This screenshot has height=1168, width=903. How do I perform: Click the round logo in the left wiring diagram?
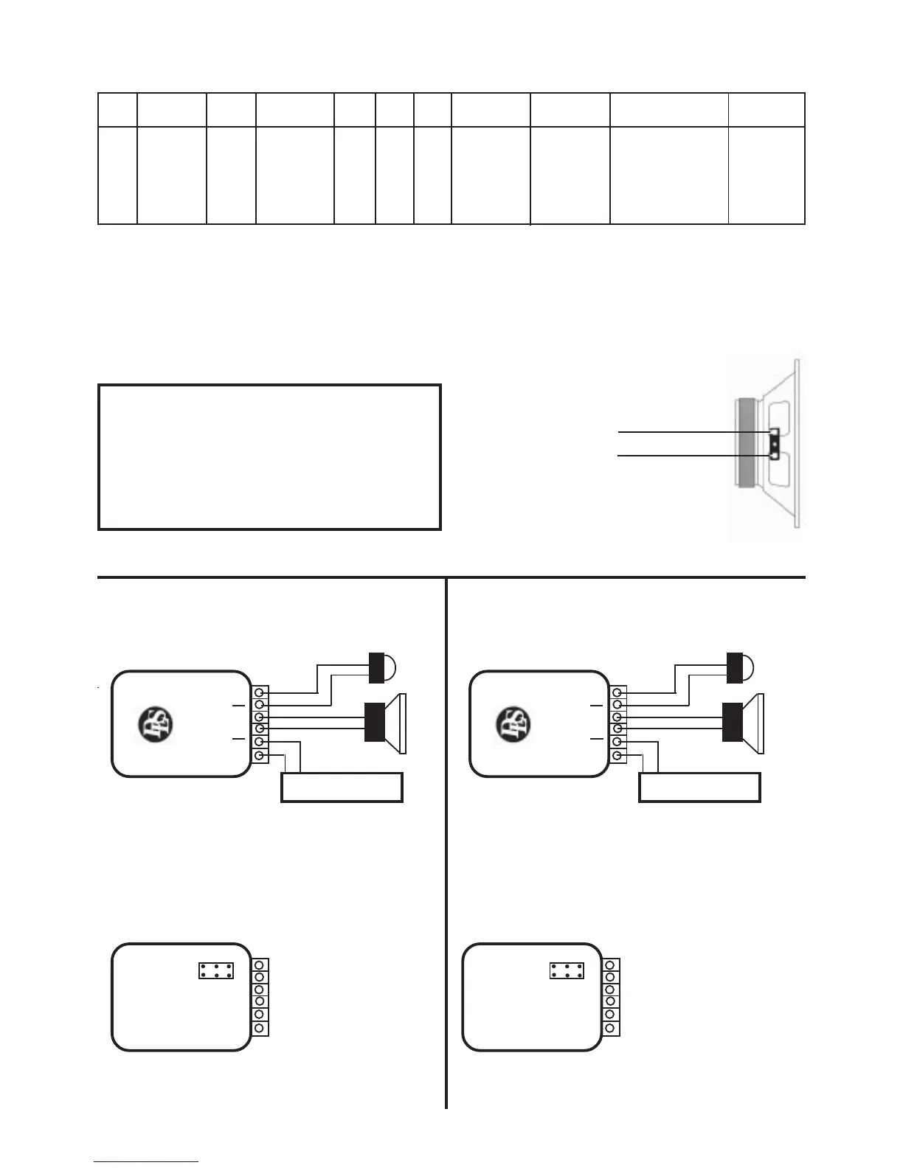pyautogui.click(x=155, y=725)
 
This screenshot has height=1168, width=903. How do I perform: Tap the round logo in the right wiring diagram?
pyautogui.click(x=513, y=725)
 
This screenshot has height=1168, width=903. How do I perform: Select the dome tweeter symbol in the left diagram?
pyautogui.click(x=381, y=667)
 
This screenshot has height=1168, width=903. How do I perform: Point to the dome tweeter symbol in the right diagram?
pyautogui.click(x=739, y=667)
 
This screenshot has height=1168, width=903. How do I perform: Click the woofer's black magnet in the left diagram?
pyautogui.click(x=376, y=722)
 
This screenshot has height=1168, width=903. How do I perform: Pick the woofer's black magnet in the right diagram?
pyautogui.click(x=733, y=722)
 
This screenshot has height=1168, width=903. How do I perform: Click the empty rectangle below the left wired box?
pyautogui.click(x=342, y=787)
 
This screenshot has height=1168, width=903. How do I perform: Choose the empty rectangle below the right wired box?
pyautogui.click(x=699, y=787)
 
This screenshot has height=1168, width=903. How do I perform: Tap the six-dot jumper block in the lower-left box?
pyautogui.click(x=216, y=970)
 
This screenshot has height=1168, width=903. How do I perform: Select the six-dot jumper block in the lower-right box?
pyautogui.click(x=567, y=970)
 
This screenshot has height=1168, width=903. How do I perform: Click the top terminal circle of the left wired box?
pyautogui.click(x=259, y=692)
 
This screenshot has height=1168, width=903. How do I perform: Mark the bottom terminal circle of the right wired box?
pyautogui.click(x=617, y=756)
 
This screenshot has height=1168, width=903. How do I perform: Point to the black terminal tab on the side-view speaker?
pyautogui.click(x=774, y=444)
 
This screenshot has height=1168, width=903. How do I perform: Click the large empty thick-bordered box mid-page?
pyautogui.click(x=269, y=456)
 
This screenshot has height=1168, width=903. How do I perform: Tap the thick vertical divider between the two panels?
pyautogui.click(x=446, y=841)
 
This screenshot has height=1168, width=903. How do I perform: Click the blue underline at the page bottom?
pyautogui.click(x=146, y=1161)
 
